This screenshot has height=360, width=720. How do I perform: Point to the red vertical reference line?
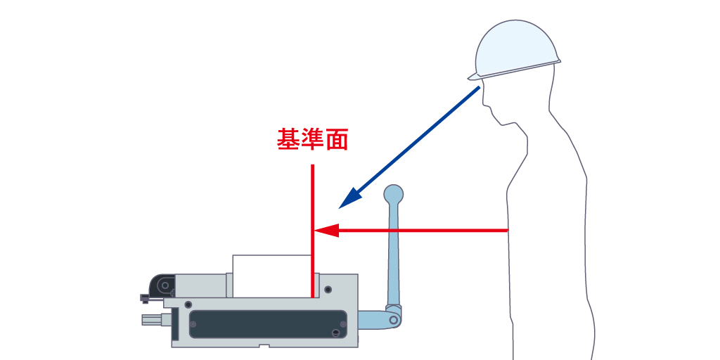[312, 211]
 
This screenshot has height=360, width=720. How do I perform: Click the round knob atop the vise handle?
[393, 194]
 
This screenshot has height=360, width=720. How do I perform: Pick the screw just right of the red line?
[328, 289]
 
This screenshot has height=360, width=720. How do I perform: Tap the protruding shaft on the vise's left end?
[155, 321]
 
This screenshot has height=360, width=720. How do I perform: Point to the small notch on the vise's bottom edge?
[264, 345]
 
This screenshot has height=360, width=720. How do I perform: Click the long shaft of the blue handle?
[392, 253]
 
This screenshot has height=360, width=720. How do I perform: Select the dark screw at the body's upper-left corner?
[188, 303]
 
